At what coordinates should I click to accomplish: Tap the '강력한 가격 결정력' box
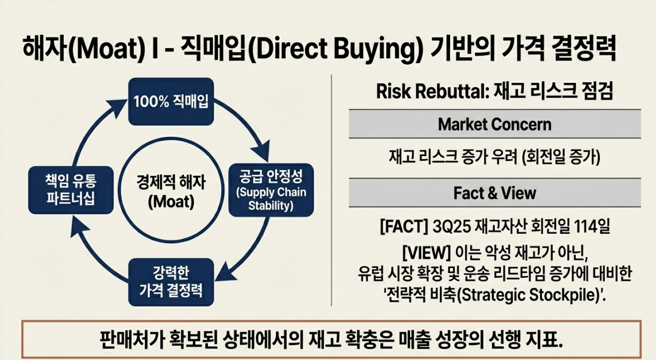171,282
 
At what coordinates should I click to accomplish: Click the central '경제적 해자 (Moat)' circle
170,192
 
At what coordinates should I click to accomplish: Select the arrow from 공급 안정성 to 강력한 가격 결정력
251,251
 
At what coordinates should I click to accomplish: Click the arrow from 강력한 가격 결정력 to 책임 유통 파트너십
91,251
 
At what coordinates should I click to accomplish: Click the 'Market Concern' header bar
494,124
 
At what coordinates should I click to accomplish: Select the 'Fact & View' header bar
494,192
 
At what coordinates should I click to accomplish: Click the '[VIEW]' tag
422,250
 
